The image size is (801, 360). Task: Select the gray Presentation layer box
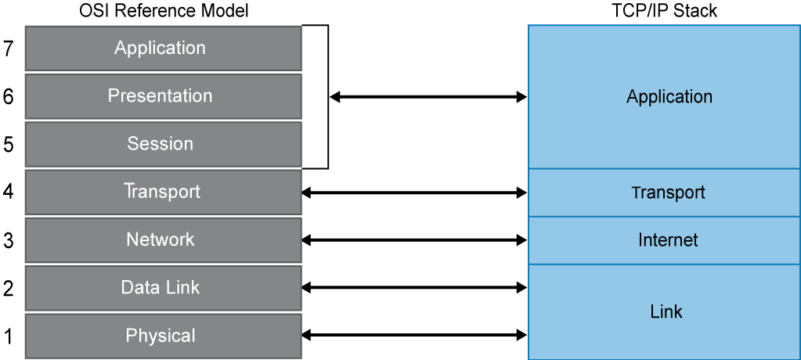163,96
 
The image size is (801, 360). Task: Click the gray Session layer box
163,144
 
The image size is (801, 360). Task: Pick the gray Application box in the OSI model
163,49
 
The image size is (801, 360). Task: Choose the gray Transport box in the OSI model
163,192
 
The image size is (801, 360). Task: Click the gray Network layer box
163,239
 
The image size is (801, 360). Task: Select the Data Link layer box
163,288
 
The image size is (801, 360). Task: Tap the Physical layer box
163,336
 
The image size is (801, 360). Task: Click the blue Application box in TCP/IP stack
664,97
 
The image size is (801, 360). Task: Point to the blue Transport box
664,193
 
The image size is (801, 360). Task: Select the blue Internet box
664,240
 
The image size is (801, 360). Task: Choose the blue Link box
664,311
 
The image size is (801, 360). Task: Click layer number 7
9,49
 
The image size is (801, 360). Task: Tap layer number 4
9,192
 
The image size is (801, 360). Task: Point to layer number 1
9,337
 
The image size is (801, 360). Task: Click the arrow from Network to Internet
414,239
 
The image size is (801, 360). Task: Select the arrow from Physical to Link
414,336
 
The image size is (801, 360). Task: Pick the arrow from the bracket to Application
428,97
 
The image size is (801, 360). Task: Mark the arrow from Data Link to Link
414,288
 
